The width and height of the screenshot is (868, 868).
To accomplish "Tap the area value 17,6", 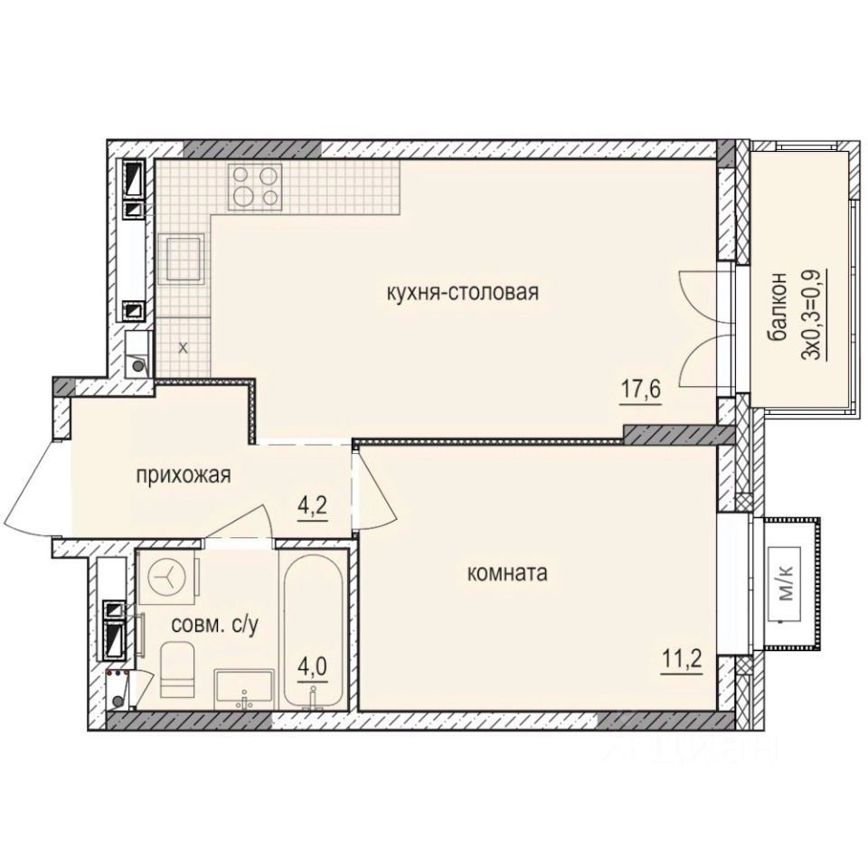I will point(640,392).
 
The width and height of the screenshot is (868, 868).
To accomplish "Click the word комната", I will point(508,573).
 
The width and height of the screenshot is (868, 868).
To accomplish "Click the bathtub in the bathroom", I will point(310,624).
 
